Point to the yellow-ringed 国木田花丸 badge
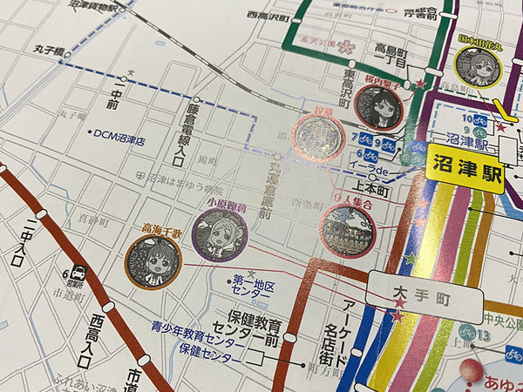477,67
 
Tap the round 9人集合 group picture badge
347,231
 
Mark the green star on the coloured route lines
410,258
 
